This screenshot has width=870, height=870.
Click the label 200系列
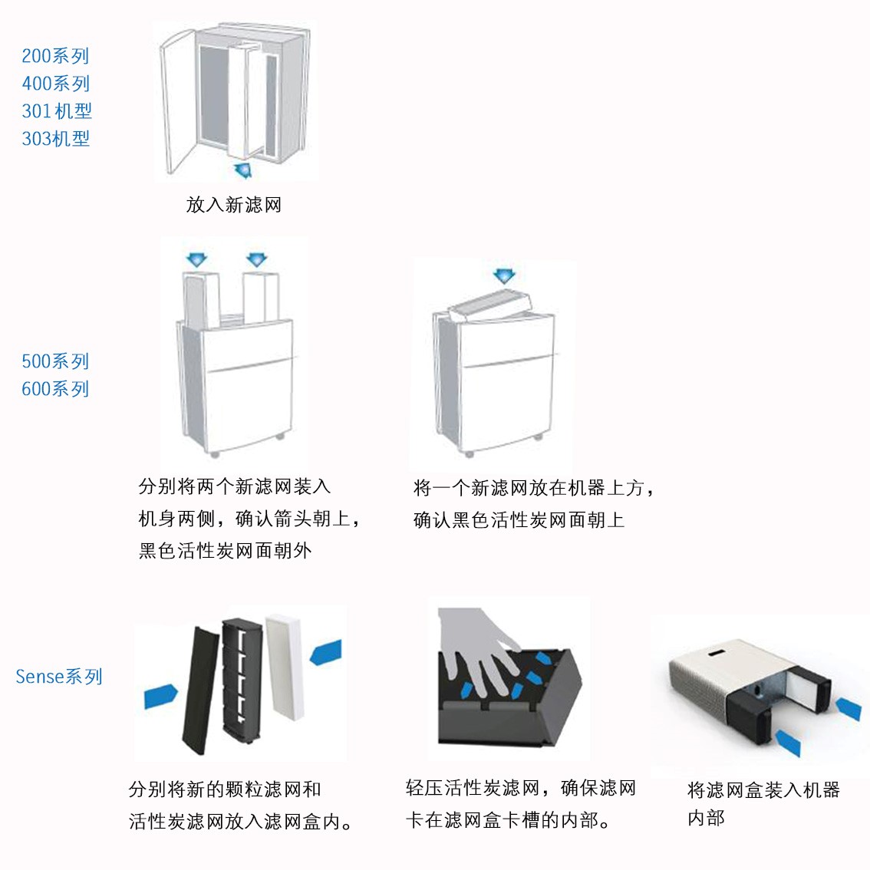tap(55, 56)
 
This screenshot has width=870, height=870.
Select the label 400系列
tap(55, 84)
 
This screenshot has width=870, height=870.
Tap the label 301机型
tap(57, 111)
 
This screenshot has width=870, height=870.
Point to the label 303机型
tap(55, 139)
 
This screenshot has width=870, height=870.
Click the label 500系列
tap(55, 361)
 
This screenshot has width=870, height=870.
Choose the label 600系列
tap(55, 389)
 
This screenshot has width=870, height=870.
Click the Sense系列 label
tap(59, 677)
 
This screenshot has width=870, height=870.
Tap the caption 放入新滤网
tap(234, 205)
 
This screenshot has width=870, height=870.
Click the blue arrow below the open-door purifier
tap(242, 170)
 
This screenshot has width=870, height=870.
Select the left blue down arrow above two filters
tap(197, 259)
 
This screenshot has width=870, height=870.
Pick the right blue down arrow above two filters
tap(255, 259)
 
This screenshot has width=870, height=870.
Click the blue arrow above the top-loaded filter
tap(504, 275)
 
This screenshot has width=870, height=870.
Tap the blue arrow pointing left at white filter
tap(325, 654)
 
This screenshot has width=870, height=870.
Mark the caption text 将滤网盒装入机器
tap(763, 790)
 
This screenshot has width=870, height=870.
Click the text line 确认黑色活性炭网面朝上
tap(519, 520)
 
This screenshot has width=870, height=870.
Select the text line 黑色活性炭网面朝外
tap(225, 551)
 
